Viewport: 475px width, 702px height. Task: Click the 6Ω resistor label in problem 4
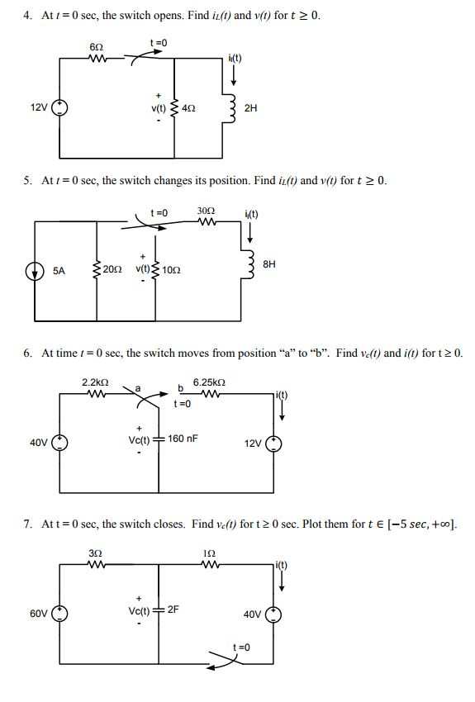[96, 49]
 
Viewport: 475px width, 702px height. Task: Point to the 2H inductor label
[251, 107]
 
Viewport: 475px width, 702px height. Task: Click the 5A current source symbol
[35, 270]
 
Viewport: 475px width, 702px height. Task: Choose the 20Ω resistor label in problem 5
[113, 270]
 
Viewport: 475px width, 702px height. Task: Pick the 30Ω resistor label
[206, 211]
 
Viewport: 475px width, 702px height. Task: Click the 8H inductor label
[268, 264]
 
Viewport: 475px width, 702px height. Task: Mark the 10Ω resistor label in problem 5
[172, 270]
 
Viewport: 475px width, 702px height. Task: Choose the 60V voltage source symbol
[60, 615]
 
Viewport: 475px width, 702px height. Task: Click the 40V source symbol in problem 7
[275, 615]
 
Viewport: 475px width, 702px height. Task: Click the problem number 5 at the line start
[27, 180]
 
